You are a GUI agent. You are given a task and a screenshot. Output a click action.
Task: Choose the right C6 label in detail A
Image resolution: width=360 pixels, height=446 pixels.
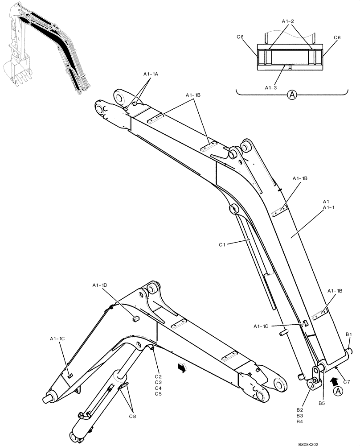pos(337,38)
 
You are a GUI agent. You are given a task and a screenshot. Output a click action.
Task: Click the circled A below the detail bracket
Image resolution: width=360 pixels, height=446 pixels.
pos(292,95)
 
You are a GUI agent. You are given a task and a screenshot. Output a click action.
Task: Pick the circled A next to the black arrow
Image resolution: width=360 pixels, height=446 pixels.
pos(339,391)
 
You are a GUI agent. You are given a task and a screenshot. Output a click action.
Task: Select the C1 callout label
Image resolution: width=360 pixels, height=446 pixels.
pos(223,244)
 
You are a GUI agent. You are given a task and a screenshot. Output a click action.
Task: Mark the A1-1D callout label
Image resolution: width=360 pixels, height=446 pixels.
pos(100,285)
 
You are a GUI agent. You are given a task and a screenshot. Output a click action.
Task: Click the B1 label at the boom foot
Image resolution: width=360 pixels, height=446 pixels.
pos(349,334)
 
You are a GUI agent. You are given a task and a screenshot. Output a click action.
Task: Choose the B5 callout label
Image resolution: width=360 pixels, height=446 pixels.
pos(322,404)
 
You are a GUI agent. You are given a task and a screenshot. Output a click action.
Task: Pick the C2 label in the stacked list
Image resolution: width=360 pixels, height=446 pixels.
pos(158,377)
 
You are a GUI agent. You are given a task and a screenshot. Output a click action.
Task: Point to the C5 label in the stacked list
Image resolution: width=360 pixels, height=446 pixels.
pos(158,394)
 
